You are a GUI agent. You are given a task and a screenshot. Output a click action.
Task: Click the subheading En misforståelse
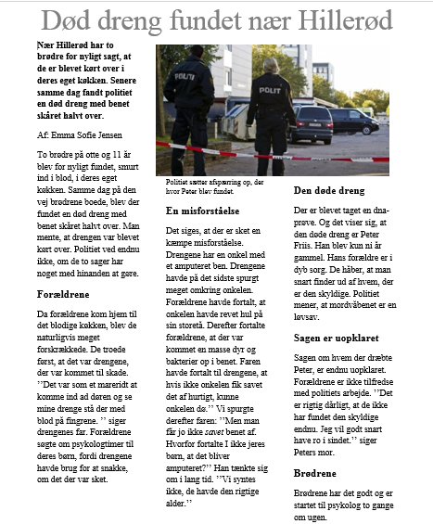pos(204,211)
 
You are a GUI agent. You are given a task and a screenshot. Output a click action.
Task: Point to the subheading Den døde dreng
pos(329,190)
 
